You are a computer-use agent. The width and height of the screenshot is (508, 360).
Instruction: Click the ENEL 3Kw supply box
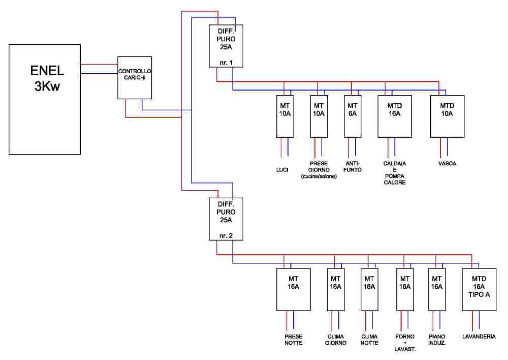[x=45, y=99]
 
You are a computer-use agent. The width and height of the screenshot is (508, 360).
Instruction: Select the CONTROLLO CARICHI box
[x=135, y=77]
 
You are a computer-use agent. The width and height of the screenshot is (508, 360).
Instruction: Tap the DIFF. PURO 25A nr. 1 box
[x=226, y=45]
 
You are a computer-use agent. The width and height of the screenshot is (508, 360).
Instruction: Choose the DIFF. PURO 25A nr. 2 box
[x=226, y=219]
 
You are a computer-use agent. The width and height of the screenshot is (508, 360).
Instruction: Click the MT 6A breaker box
[x=352, y=116]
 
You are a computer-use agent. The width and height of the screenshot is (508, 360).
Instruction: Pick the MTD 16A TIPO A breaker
[x=478, y=289]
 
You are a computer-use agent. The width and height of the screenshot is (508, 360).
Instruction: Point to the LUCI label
[x=282, y=170]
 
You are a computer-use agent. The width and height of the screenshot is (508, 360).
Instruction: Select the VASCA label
[x=447, y=164]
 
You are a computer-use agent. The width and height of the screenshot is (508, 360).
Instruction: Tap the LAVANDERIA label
[x=479, y=337]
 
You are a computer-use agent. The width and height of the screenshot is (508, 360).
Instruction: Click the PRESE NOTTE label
[x=293, y=340]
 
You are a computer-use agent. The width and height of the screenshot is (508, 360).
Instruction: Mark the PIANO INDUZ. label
[x=437, y=340]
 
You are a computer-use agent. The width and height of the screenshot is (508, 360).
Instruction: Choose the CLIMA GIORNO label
[x=335, y=340]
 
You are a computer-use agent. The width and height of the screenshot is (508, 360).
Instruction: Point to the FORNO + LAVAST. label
[x=404, y=343]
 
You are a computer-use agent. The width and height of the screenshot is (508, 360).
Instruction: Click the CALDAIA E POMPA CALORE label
[x=395, y=173]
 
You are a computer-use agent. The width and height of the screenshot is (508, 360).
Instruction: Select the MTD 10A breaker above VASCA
[x=447, y=116]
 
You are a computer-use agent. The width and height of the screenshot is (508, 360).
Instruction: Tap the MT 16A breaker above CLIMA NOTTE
[x=369, y=289]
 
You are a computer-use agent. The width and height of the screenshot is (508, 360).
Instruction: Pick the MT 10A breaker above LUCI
[x=285, y=116]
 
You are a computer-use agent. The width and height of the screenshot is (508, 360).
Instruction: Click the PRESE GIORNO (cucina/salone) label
[x=319, y=170]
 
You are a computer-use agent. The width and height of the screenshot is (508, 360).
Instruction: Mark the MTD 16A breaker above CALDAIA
[x=395, y=116]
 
